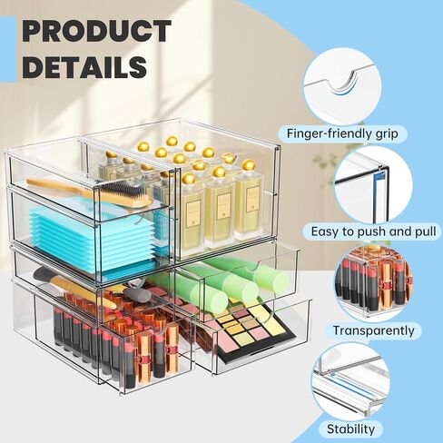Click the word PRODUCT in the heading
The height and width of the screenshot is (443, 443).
(97, 31)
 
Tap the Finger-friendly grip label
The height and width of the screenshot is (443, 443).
(342, 133)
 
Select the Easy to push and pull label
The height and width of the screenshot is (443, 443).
(373, 231)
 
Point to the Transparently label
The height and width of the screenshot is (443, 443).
(373, 330)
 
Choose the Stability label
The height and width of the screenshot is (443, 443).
(350, 429)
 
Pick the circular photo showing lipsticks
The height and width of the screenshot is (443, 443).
(373, 283)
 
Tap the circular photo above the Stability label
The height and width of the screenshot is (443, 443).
(351, 382)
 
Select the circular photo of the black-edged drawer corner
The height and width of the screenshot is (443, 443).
(373, 185)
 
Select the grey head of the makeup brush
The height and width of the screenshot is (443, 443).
(137, 292)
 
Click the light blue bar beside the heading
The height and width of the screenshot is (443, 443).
(8, 49)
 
